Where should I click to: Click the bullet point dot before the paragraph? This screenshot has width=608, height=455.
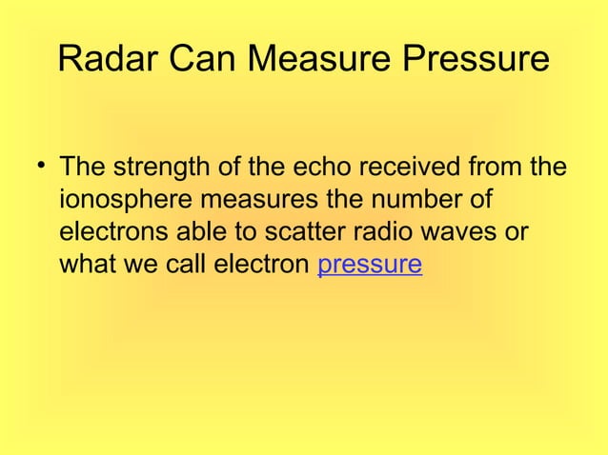[41, 169]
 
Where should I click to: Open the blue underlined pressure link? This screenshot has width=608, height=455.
[370, 264]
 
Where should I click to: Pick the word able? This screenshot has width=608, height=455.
[190, 232]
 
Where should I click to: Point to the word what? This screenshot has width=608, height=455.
[84, 264]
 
